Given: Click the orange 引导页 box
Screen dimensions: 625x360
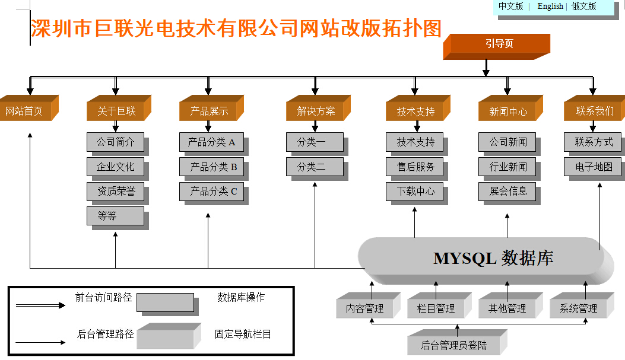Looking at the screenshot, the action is (497, 47).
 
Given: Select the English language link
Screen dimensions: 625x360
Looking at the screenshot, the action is (550, 7).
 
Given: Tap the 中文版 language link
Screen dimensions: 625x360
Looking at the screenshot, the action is (510, 7).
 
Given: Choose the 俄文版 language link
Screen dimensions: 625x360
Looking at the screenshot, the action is (584, 7).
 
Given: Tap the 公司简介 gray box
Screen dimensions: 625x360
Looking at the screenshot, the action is (118, 144).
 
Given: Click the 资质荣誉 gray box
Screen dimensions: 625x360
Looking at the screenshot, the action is (118, 193).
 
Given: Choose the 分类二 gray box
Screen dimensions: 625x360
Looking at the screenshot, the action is (317, 168).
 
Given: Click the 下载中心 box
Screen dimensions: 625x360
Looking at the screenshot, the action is (417, 193).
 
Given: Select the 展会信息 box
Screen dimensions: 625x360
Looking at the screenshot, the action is (509, 193).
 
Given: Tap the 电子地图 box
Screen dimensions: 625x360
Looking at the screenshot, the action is (594, 168).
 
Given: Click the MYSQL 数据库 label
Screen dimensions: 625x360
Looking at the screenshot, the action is (493, 259).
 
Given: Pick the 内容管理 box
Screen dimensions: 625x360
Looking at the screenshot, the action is (368, 305).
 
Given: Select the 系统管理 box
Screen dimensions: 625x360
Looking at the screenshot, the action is (582, 305).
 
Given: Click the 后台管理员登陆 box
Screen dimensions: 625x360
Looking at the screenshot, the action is (457, 342).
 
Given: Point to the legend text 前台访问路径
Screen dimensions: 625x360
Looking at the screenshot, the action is (104, 298).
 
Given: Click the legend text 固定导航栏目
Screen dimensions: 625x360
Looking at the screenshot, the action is (243, 334).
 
